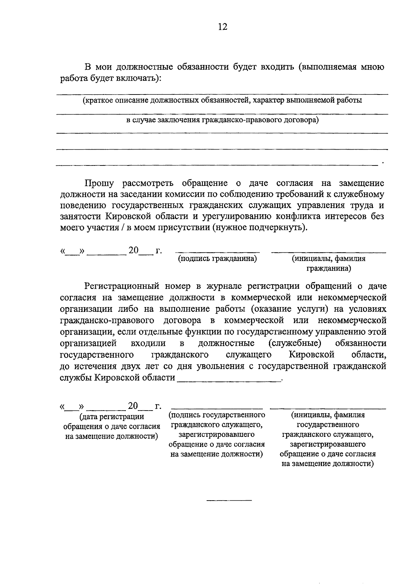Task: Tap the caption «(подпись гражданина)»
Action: point(217,259)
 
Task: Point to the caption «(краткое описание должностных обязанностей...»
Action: point(222,101)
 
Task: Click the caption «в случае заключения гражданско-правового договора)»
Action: point(222,120)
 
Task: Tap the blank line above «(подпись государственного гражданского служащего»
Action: point(217,409)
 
